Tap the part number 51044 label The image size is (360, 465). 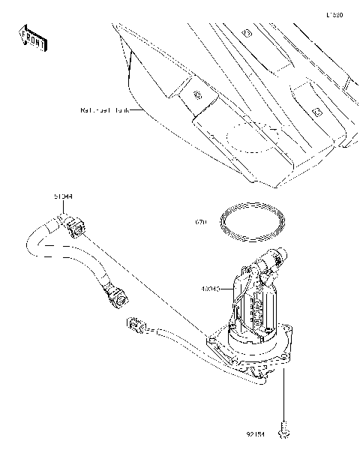pos(62,196)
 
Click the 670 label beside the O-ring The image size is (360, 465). pos(200,223)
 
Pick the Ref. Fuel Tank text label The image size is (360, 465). pos(103,110)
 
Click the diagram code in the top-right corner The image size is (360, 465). pos(334,14)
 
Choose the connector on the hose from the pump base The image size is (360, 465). pos(135,325)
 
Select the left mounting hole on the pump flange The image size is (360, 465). pos(214,341)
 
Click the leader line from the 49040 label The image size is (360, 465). pos(228,288)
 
